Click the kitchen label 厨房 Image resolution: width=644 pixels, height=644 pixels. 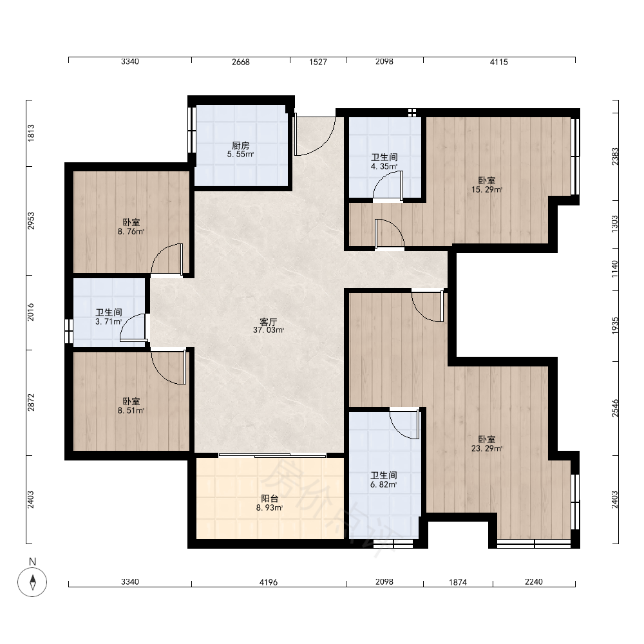click(x=241, y=146)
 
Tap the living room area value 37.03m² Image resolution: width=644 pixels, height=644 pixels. click(x=269, y=330)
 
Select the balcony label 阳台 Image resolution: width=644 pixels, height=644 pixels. click(x=270, y=498)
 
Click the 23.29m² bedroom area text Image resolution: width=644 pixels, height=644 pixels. click(x=487, y=448)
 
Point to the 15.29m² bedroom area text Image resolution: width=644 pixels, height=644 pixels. click(x=487, y=190)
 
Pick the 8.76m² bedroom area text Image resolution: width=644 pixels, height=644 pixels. click(x=131, y=232)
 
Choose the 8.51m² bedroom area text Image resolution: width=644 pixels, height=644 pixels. click(x=131, y=411)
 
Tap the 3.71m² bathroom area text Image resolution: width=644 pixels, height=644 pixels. click(x=109, y=321)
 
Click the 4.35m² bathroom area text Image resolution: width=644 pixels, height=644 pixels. click(x=384, y=167)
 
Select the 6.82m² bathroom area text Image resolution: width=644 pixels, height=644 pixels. click(x=384, y=485)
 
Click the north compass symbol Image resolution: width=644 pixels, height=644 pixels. click(x=32, y=582)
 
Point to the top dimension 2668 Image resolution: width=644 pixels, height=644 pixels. click(x=241, y=62)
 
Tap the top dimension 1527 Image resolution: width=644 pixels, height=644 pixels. click(x=318, y=62)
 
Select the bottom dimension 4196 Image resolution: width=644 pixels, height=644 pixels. click(x=269, y=582)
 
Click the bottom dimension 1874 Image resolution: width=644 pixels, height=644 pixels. click(x=458, y=582)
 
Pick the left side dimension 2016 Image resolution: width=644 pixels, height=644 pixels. click(x=31, y=312)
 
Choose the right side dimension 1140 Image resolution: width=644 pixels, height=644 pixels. click(x=614, y=269)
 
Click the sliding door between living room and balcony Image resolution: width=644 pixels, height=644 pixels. click(x=272, y=455)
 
